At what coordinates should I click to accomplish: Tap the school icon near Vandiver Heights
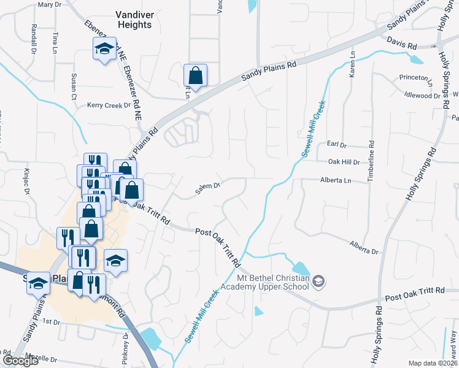point(104,48)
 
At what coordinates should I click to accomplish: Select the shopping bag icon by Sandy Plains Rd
point(195,76)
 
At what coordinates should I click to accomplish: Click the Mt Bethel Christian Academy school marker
point(318,282)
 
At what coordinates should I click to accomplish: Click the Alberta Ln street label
point(335,180)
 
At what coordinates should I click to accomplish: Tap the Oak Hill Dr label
point(344,162)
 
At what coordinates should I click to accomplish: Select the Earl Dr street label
point(337,145)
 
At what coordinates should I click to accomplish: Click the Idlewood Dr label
point(422,96)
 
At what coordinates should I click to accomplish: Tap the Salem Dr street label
point(207,188)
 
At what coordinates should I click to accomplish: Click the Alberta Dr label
point(364,248)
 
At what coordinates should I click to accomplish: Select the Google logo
point(20,361)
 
